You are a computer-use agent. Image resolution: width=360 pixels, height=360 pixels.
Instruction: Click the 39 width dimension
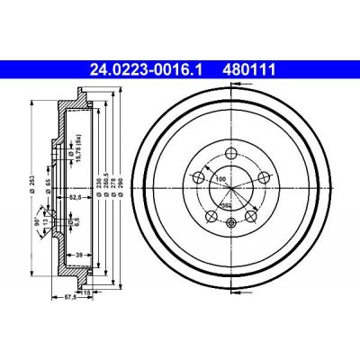pyautogui.click(x=79, y=256)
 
